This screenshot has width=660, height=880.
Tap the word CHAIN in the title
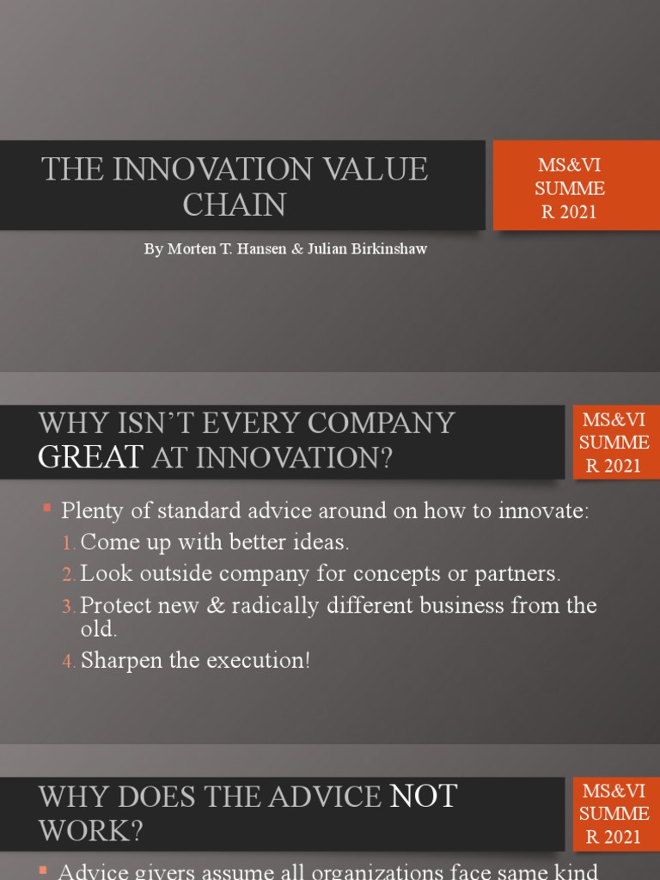point(235,205)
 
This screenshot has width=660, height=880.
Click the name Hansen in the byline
point(270,249)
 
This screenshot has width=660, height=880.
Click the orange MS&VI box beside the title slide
point(570,187)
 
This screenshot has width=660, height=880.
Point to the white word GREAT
point(90,457)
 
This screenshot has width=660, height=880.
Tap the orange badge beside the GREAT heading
point(614,443)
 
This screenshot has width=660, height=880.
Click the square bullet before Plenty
point(48,510)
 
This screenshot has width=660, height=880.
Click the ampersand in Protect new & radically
point(217,605)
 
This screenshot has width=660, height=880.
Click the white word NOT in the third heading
point(424,797)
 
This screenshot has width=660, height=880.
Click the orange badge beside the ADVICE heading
point(614,812)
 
